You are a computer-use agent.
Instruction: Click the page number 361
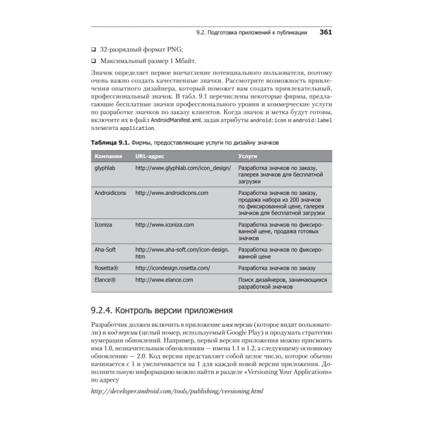tap(326, 32)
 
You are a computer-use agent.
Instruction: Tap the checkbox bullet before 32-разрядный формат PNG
tap(94, 49)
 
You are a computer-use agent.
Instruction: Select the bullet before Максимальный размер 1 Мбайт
tap(94, 61)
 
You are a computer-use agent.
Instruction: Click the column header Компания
tap(108, 156)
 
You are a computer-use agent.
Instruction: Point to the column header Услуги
tap(248, 156)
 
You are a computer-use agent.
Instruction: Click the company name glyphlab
tap(104, 167)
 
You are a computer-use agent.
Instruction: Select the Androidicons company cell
tap(110, 193)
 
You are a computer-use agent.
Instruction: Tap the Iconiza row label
tap(103, 225)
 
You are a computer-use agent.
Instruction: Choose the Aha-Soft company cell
tap(105, 250)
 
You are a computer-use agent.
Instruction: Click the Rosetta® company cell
tap(107, 268)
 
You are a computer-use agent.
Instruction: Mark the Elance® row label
tap(105, 280)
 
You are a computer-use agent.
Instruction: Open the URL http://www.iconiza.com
tap(165, 225)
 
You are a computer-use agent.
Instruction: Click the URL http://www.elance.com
tap(164, 280)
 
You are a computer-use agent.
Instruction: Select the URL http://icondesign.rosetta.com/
tap(173, 268)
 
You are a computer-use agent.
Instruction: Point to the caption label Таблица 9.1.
tap(110, 142)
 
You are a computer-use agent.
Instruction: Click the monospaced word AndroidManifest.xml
tap(176, 120)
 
